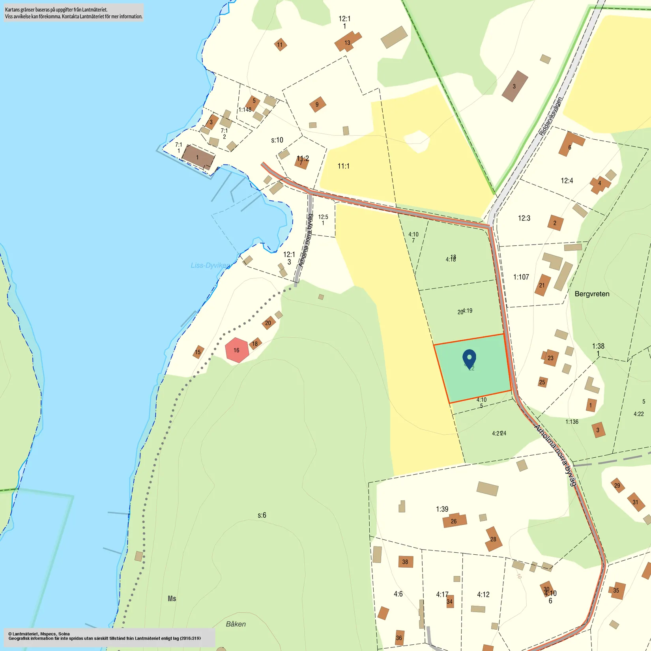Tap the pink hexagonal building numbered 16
point(237,350)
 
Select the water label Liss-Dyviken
point(210,265)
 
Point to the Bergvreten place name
point(592,294)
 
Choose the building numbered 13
point(347,42)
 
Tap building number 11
point(280,45)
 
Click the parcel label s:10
point(277,140)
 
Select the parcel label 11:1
point(343,166)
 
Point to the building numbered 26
point(454,521)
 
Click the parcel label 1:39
point(442,509)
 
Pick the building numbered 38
point(405,561)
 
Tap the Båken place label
point(236,624)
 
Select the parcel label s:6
point(262,515)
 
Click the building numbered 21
point(542,285)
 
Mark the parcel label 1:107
point(521,277)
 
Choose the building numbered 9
point(317,105)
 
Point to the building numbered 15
point(198,352)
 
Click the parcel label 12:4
point(567,181)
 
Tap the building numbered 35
point(616,590)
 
